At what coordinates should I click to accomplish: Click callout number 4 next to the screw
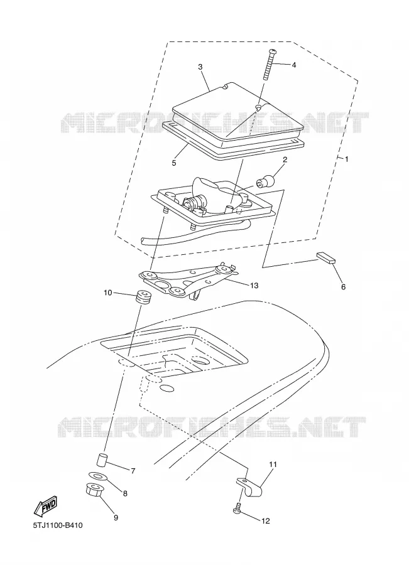coord(293,65)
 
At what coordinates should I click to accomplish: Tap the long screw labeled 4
coord(269,65)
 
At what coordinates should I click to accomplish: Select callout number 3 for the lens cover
coord(200,67)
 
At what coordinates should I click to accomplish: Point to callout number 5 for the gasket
coord(174,163)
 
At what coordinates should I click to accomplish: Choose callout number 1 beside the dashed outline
coord(347,159)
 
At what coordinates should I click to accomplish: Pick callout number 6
coord(343,287)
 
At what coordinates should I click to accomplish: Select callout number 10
coord(108,293)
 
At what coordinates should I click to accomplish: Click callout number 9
coord(116,518)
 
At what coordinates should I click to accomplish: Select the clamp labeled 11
coord(249,487)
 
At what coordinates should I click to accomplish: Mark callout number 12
coord(265,521)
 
